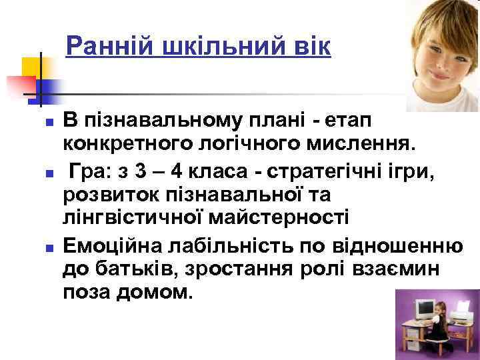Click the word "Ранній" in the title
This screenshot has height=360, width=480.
[x=109, y=47]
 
